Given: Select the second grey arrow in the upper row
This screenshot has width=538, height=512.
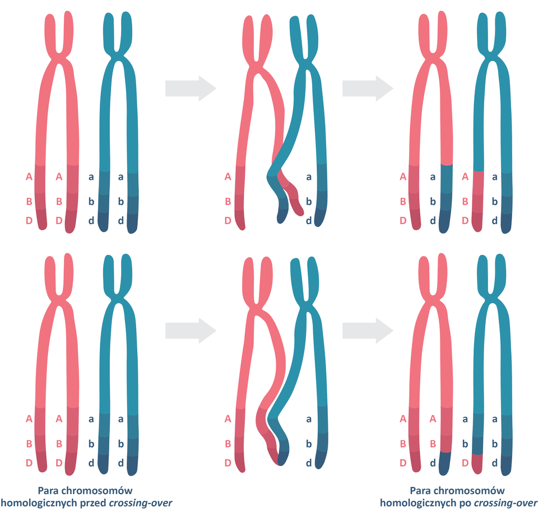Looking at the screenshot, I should click(368, 88).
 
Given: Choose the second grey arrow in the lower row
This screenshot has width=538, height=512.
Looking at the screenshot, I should click(368, 331).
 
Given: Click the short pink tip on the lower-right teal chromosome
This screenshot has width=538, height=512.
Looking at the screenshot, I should click(477, 463).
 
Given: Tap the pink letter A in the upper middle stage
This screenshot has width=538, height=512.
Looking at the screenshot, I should click(228, 177).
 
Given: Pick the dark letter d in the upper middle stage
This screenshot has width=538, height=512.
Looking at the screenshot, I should click(308, 221).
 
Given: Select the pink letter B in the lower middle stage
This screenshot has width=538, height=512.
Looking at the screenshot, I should click(228, 444).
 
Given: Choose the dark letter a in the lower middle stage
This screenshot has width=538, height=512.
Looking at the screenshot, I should click(308, 418).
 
